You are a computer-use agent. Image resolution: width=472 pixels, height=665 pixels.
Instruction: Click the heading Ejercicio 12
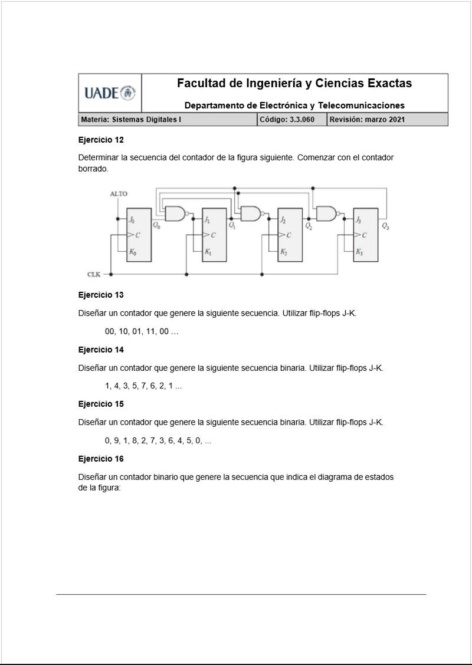coord(101,140)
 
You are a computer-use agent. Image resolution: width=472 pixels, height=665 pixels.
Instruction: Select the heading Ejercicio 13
coord(101,295)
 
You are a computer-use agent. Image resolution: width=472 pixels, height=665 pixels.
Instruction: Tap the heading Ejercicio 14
coord(101,350)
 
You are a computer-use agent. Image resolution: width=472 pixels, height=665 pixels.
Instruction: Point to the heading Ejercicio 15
coord(101,404)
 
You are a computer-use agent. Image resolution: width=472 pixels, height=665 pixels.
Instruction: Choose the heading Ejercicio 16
coord(101,459)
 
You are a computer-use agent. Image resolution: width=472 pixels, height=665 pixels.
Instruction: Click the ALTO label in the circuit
coord(119,194)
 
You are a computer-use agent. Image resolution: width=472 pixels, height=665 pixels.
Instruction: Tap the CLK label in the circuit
coord(94,274)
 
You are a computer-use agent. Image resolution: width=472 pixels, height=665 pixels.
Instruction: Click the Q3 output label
coord(385,226)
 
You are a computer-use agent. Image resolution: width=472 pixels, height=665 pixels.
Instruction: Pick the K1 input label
coord(208,252)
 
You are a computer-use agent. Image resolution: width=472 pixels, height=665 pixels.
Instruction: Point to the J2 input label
coord(284,220)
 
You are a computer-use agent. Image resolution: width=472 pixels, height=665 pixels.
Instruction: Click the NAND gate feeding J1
coord(175,213)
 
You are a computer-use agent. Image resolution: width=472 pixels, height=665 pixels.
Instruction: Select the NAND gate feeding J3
coord(327,213)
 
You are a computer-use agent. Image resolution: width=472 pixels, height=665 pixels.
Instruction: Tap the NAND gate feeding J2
coord(251,213)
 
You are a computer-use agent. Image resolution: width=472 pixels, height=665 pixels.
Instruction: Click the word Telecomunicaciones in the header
coord(361,106)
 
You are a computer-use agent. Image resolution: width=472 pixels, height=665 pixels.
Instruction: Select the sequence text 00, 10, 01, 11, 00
coord(142,331)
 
